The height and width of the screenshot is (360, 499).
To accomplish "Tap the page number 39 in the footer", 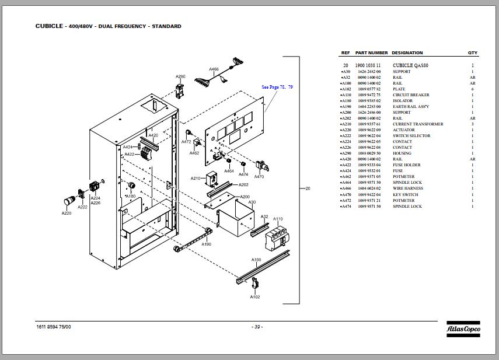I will point(257,327).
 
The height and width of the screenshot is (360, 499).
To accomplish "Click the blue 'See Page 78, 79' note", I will point(277,87).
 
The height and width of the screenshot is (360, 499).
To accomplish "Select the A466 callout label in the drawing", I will point(214,69).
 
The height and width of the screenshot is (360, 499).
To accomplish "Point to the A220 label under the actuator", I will point(67,213).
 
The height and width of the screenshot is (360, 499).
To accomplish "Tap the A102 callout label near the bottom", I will point(255,297).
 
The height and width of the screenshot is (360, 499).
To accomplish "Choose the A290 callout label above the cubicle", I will point(180,76).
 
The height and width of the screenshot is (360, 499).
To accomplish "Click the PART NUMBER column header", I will point(371,53).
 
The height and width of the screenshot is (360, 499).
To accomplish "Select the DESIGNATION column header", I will point(407,53).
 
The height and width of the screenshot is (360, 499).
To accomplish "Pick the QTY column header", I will point(472,53).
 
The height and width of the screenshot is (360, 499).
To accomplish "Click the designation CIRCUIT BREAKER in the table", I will point(411,95).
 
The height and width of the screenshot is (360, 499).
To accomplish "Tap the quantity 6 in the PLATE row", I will point(472,89).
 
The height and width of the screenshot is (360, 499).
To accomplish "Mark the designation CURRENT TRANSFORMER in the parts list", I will point(418,124).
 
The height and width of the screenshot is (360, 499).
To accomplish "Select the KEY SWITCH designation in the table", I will point(405,194).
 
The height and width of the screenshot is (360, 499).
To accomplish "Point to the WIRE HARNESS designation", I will point(407,188).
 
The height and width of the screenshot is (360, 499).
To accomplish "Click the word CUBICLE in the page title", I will point(46,26).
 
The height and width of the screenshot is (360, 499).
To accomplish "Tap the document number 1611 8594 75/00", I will point(54,327).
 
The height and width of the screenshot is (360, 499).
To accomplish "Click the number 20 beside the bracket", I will point(308,188).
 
